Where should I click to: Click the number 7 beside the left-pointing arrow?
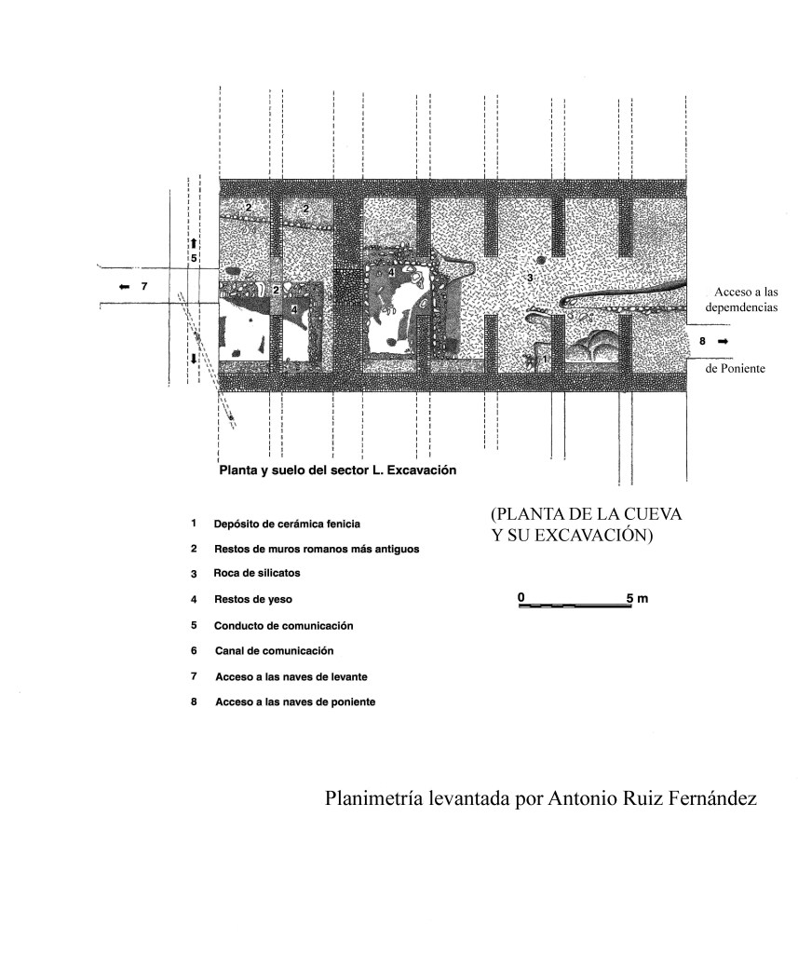(x=144, y=286)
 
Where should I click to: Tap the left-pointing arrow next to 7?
(x=125, y=286)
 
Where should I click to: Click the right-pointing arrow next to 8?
(x=723, y=342)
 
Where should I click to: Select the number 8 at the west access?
(x=703, y=342)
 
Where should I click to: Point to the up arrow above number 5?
(x=193, y=243)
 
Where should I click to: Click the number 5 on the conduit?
(x=194, y=258)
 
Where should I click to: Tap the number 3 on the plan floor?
(x=530, y=278)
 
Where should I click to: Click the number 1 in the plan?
(x=544, y=360)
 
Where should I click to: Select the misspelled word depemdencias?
(x=741, y=307)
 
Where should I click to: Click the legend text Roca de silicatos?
(x=257, y=573)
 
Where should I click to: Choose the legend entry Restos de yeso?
(x=253, y=599)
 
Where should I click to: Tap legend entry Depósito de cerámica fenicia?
(x=287, y=524)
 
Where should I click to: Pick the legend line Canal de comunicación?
(x=275, y=651)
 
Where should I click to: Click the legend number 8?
(x=194, y=702)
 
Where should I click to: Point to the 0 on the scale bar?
(x=521, y=597)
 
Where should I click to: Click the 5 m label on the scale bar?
(x=638, y=599)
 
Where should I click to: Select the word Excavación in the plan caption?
(x=425, y=470)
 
